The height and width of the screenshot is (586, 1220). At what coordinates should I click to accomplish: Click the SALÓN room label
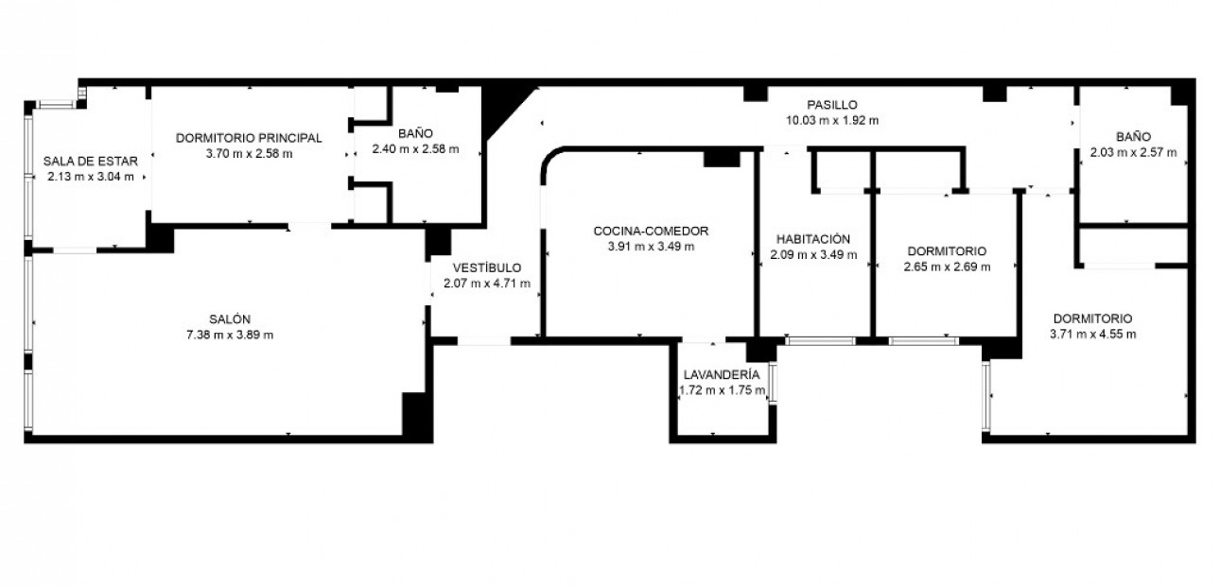(230, 319)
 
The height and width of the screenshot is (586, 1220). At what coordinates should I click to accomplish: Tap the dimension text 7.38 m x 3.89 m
(230, 334)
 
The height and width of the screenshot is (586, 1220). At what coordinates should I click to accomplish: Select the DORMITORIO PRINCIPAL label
(249, 138)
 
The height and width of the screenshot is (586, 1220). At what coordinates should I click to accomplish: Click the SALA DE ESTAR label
(91, 161)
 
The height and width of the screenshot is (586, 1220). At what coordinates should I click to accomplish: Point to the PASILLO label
(831, 105)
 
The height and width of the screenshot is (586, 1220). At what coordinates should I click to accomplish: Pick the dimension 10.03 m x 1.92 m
(831, 120)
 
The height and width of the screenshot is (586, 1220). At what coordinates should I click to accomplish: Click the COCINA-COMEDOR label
(651, 231)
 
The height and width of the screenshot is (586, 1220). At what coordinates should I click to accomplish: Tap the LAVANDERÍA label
(722, 375)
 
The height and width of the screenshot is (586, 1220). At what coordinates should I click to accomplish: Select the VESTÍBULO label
(486, 267)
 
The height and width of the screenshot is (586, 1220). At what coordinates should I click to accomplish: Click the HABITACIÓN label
(813, 239)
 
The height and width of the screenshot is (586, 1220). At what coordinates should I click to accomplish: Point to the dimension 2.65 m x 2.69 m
(947, 267)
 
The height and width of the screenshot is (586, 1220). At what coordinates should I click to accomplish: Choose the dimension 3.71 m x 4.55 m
(1092, 334)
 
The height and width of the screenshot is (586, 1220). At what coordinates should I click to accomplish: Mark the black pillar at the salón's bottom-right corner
(416, 415)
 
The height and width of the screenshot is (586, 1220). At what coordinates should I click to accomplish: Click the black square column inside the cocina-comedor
(721, 159)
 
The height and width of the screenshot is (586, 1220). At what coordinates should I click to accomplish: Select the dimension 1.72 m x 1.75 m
(723, 390)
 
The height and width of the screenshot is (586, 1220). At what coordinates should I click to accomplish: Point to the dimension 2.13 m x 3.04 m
(91, 176)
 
